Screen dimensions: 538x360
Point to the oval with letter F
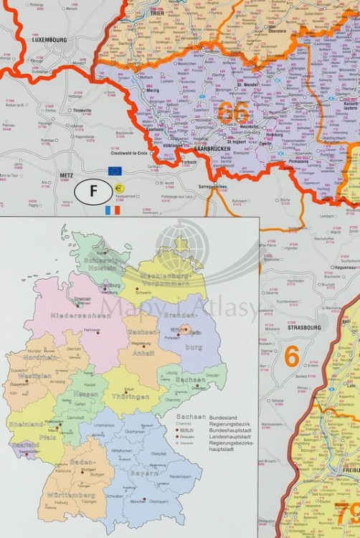(x=90, y=192)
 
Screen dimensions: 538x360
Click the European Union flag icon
(x=115, y=171)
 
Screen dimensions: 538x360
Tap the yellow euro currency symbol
(x=119, y=189)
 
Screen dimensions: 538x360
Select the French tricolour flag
(x=113, y=210)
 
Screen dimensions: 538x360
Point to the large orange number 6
(x=291, y=357)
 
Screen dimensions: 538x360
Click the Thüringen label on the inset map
(x=129, y=396)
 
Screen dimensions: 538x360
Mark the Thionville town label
(x=83, y=110)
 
